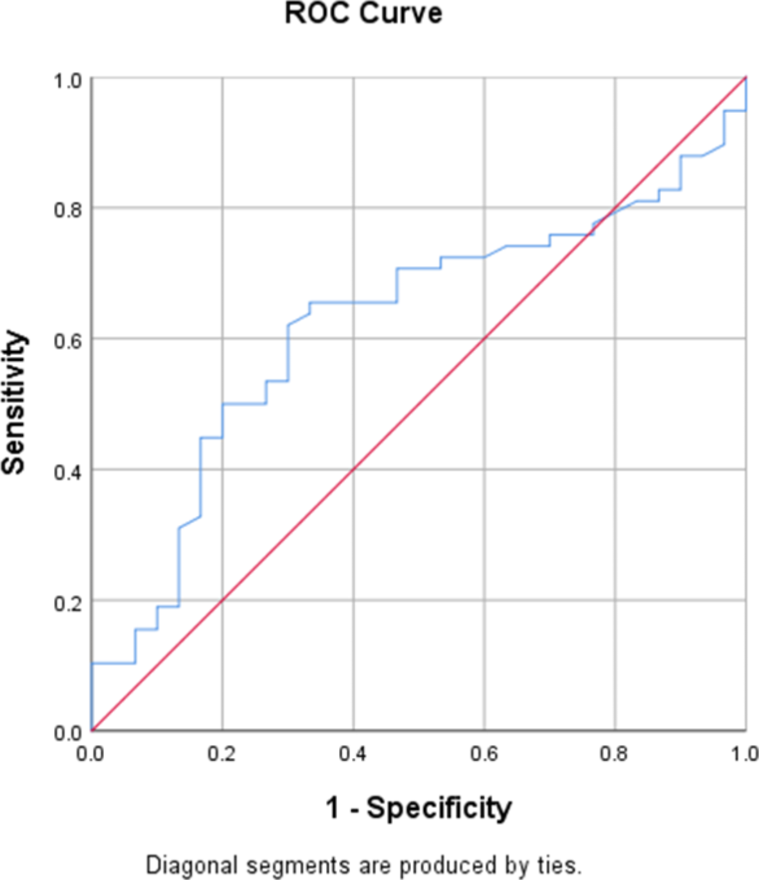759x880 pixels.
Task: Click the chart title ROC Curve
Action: [363, 13]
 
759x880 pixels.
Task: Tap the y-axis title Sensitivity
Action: [14, 402]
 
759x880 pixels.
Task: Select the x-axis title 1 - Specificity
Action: [419, 807]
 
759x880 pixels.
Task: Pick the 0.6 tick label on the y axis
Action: [68, 341]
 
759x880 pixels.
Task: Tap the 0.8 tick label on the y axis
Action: [68, 210]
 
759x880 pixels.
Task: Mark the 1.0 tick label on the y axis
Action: [68, 80]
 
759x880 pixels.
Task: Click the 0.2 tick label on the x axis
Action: [222, 753]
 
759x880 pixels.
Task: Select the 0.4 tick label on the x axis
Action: [353, 753]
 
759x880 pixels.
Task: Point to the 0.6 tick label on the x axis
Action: [484, 753]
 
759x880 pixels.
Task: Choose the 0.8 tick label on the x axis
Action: [614, 753]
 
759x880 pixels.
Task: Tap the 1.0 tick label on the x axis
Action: [744, 753]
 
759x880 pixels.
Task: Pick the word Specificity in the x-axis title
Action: [439, 807]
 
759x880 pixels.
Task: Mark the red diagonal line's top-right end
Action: [745, 78]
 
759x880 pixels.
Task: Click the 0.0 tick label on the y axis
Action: [68, 733]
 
